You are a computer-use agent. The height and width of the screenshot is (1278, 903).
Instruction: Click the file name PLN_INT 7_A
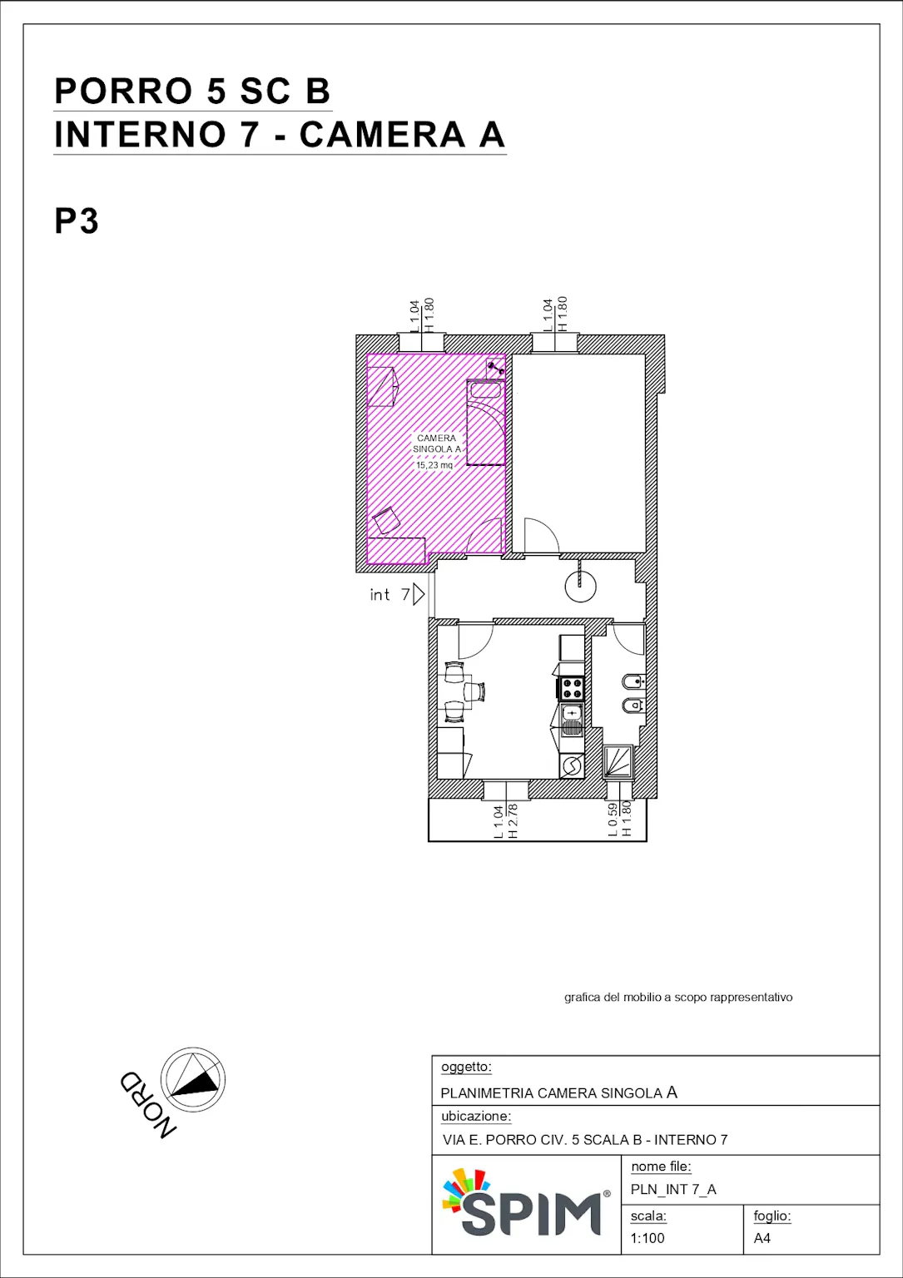[673, 1189]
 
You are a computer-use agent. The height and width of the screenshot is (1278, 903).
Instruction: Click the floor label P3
[77, 220]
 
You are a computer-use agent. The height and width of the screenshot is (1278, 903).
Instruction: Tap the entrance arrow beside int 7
[419, 594]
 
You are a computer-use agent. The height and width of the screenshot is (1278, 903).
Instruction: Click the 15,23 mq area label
[434, 465]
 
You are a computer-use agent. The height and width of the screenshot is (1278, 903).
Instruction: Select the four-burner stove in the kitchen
[572, 688]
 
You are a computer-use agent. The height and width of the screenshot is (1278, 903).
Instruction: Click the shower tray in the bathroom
[618, 761]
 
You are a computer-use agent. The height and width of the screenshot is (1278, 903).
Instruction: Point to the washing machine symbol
[572, 765]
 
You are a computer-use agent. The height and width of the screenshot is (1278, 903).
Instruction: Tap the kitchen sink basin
[572, 713]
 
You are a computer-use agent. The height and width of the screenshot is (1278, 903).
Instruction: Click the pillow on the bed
[484, 390]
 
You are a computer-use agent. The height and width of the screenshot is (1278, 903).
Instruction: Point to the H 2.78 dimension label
[513, 821]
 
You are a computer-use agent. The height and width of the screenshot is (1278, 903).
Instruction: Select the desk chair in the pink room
[386, 520]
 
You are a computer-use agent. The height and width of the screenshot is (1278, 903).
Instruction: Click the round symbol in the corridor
[581, 586]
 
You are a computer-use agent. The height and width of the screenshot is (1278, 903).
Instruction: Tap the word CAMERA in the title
[382, 135]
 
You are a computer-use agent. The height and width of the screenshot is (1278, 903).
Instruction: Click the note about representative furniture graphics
[678, 998]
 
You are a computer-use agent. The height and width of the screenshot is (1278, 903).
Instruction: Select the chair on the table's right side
[475, 692]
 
